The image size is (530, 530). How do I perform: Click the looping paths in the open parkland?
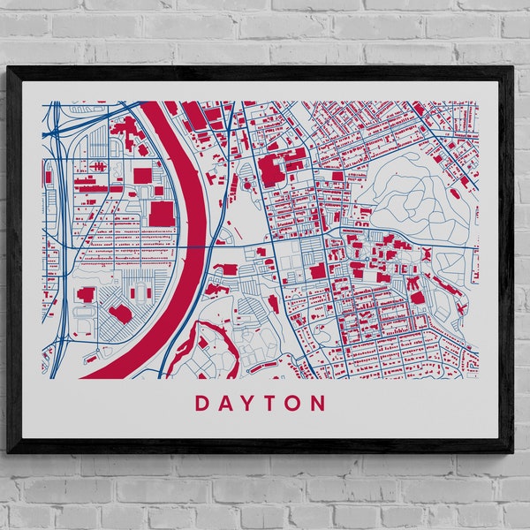[415, 194]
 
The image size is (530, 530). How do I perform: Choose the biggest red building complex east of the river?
[278, 168]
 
